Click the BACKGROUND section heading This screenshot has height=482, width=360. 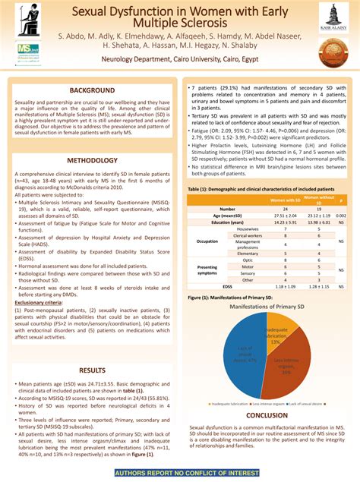[x=93, y=90]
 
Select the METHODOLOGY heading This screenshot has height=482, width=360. [x=93, y=160]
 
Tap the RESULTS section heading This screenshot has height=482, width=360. [x=93, y=370]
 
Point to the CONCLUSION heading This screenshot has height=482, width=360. [x=267, y=415]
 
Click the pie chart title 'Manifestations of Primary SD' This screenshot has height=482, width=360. [x=267, y=306]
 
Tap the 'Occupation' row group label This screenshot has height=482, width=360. [x=207, y=241]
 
